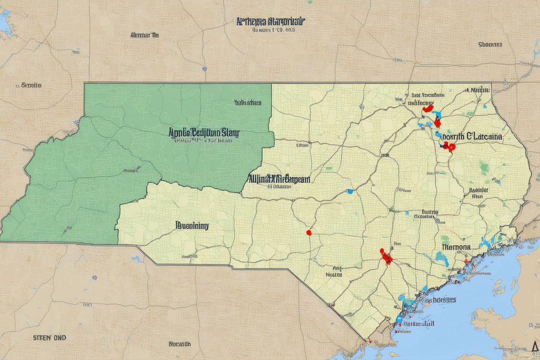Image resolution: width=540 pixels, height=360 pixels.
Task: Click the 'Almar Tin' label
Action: point(144,35)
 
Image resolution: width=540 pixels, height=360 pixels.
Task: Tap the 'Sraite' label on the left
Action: point(31,85)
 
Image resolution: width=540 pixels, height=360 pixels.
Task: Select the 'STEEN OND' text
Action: point(49,337)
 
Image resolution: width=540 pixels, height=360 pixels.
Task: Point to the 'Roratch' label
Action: point(180,344)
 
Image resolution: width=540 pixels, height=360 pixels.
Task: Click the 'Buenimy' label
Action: point(192,225)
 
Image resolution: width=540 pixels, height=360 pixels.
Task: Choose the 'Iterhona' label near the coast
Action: point(456,247)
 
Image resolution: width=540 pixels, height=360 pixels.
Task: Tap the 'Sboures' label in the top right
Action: point(490,45)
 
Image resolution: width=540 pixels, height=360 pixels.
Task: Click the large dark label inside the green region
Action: point(204,132)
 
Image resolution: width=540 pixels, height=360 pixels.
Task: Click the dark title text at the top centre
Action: point(270,21)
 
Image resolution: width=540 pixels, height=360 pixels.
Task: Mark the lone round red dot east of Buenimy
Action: point(309,233)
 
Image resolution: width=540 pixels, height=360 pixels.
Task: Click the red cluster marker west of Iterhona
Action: point(386,257)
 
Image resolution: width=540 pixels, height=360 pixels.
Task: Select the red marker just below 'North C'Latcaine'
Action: point(449,146)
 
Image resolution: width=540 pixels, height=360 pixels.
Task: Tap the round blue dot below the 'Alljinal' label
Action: point(350,192)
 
